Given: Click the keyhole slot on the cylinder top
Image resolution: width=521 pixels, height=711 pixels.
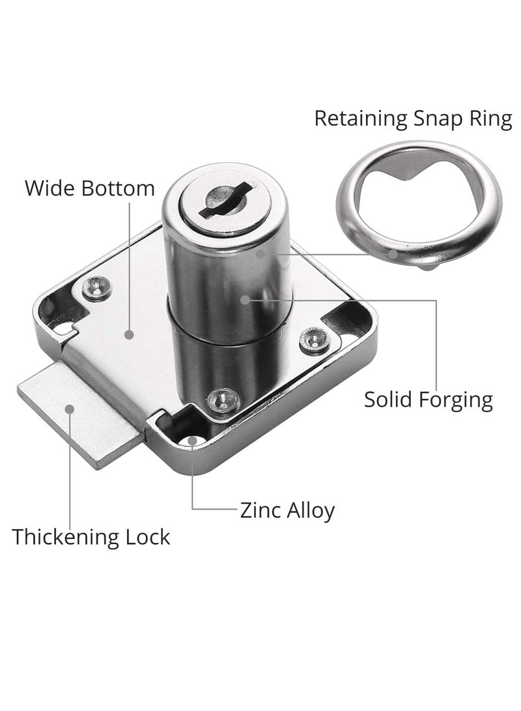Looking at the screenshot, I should point(222,198).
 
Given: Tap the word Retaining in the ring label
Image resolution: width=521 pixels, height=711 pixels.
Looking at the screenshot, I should point(360,119).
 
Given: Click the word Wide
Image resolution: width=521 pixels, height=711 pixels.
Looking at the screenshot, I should point(50,188).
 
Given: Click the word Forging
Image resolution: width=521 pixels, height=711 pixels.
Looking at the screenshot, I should point(458,400).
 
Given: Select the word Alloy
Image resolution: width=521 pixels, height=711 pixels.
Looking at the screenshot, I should point(311,510).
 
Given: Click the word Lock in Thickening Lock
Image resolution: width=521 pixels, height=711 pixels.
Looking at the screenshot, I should point(148,537).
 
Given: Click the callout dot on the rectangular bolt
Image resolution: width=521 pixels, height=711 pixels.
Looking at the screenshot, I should point(68,409).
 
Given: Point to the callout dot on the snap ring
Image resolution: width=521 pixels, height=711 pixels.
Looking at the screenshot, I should point(393,254).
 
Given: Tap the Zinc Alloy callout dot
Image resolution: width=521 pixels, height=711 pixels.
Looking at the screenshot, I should point(193,442).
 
